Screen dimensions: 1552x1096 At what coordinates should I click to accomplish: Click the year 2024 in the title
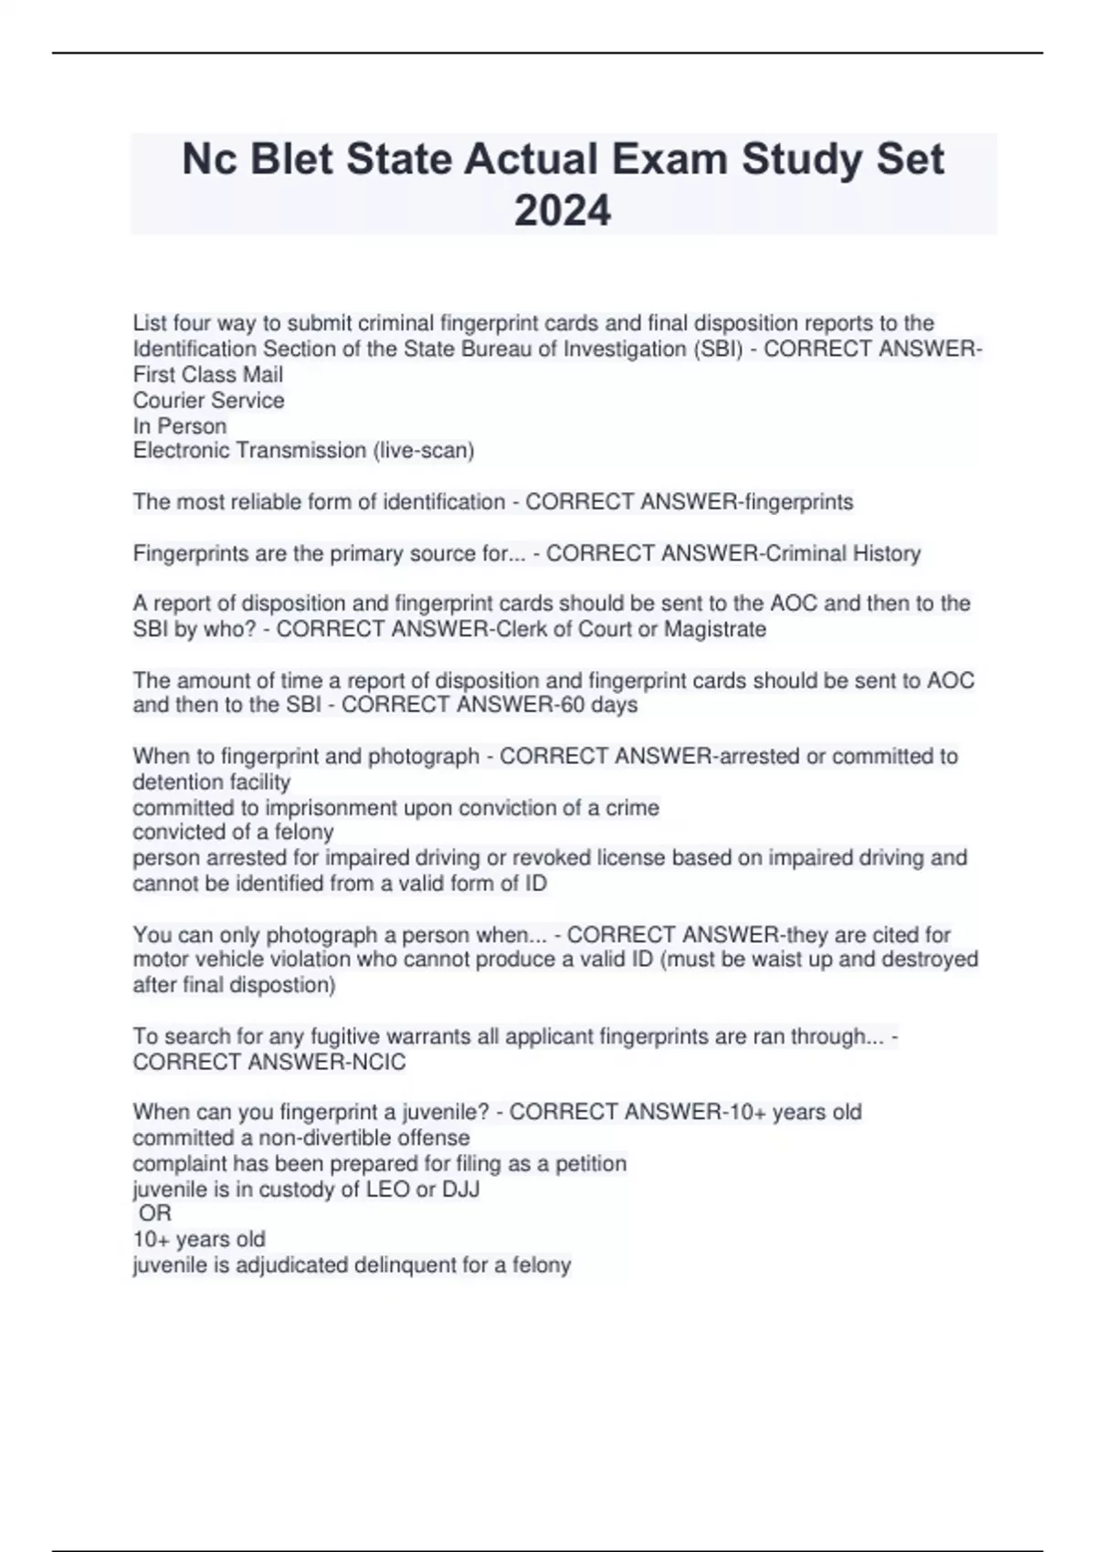pyautogui.click(x=563, y=211)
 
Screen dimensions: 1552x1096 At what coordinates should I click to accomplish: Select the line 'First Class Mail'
pyautogui.click(x=208, y=374)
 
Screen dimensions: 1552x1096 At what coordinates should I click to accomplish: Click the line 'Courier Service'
pyautogui.click(x=208, y=400)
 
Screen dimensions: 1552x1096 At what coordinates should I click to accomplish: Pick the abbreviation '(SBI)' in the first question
pyautogui.click(x=717, y=349)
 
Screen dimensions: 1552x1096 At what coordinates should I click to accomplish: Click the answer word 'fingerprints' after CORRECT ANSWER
pyautogui.click(x=798, y=502)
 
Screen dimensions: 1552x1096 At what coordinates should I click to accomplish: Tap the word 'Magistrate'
pyautogui.click(x=715, y=629)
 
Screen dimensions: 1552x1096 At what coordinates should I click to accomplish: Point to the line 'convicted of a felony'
pyautogui.click(x=233, y=832)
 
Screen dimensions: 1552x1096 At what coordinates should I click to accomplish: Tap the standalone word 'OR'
pyautogui.click(x=154, y=1213)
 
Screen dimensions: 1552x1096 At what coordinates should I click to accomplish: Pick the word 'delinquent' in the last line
pyautogui.click(x=408, y=1265)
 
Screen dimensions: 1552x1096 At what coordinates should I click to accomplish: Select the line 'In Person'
pyautogui.click(x=180, y=425)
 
